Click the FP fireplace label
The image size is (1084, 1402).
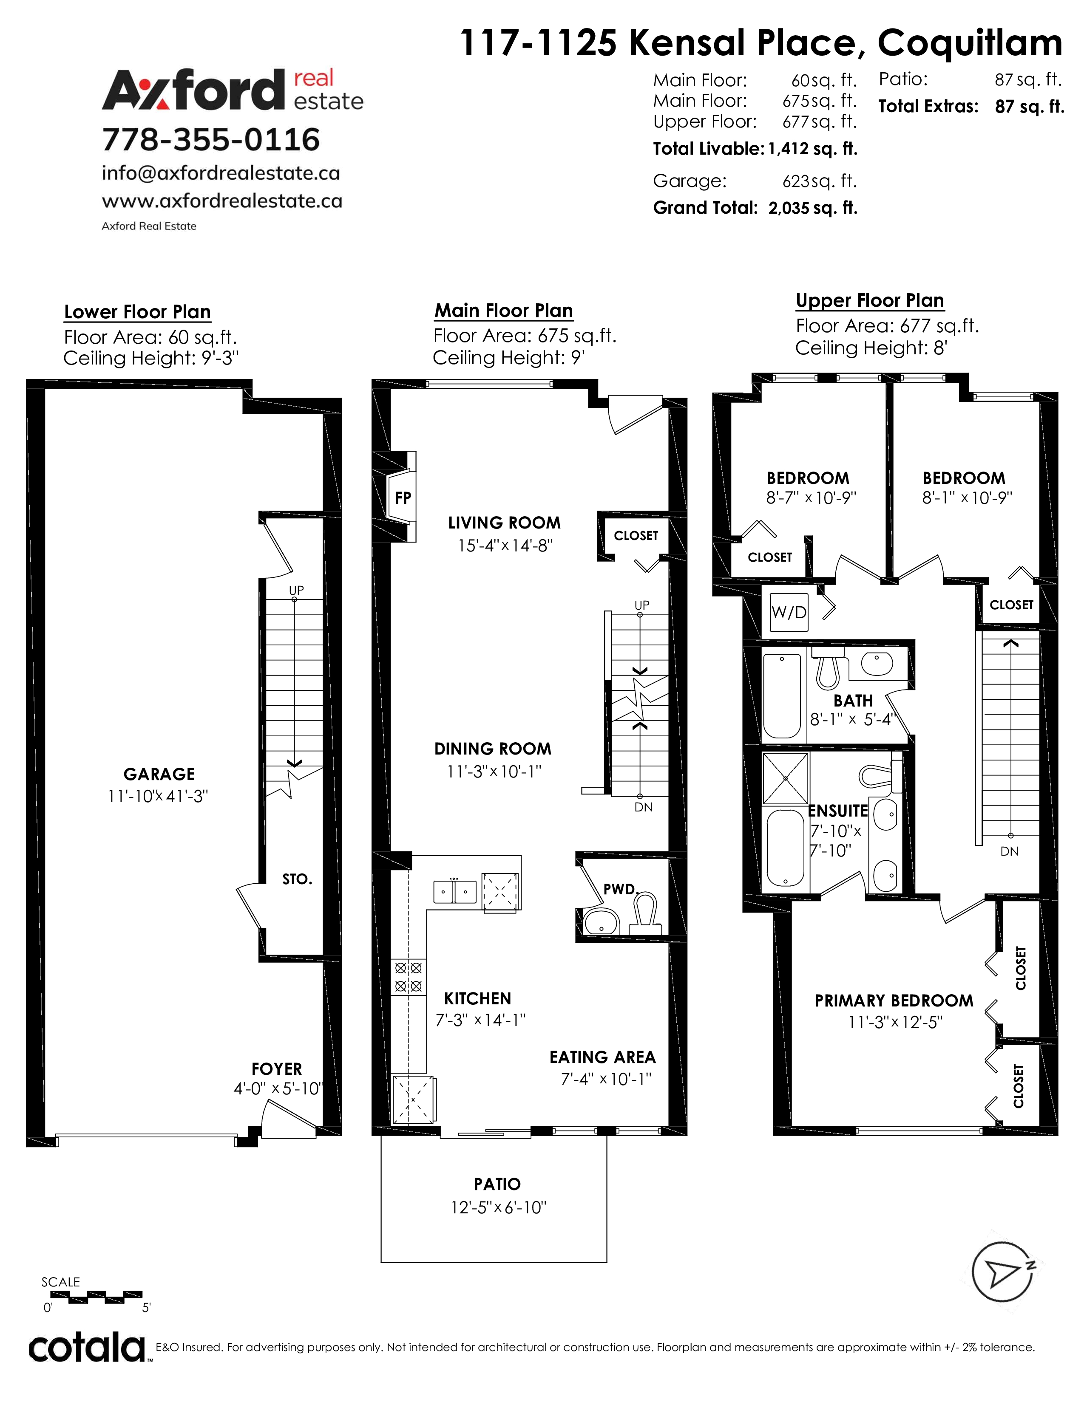click(x=403, y=497)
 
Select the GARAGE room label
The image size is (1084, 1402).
click(x=159, y=774)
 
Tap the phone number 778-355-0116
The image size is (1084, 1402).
click(x=210, y=139)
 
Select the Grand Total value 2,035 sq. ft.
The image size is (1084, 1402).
click(x=813, y=208)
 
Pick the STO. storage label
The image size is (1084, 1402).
click(x=297, y=879)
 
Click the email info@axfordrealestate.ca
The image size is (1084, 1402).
click(x=221, y=173)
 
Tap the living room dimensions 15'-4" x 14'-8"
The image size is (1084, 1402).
click(x=505, y=545)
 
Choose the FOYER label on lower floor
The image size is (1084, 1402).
click(x=277, y=1069)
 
